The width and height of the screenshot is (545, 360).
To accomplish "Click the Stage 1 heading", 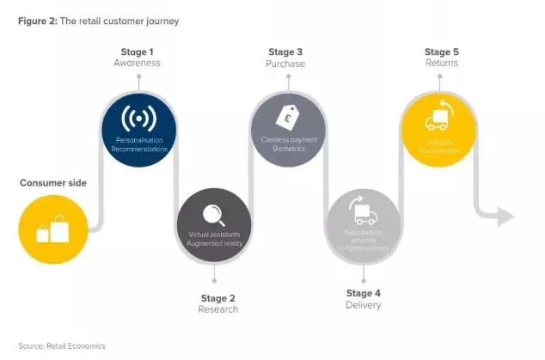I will (x=138, y=52).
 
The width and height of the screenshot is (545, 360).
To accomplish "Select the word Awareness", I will (x=138, y=63).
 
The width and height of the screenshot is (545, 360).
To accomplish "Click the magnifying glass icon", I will (x=213, y=213).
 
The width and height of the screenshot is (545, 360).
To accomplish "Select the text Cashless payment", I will (x=287, y=138).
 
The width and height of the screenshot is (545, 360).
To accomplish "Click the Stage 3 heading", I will (x=286, y=52).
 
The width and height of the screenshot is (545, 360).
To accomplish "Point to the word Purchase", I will (x=286, y=63).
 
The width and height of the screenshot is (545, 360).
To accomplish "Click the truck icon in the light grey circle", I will (x=363, y=210).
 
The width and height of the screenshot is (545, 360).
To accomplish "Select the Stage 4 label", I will (x=363, y=293).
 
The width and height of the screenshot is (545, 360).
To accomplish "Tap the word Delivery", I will (x=363, y=305).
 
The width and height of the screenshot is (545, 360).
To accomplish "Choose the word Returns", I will (x=441, y=63).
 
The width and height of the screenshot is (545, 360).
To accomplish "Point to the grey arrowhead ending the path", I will (x=504, y=216).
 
